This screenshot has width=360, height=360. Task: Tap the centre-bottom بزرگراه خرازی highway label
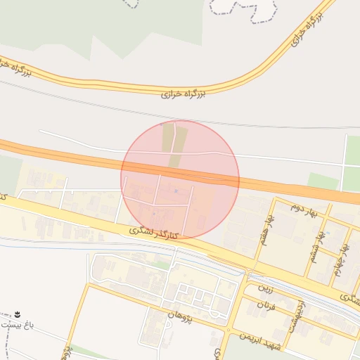coord(182,92)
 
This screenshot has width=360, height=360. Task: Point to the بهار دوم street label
coord(305,209)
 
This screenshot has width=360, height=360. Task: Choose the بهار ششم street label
coord(316,246)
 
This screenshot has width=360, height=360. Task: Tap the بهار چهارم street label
coord(343,260)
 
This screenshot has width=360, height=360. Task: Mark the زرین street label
coord(264,288)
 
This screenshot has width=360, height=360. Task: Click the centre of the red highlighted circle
coord(180,179)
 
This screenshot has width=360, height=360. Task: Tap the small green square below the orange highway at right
coord(323,181)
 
